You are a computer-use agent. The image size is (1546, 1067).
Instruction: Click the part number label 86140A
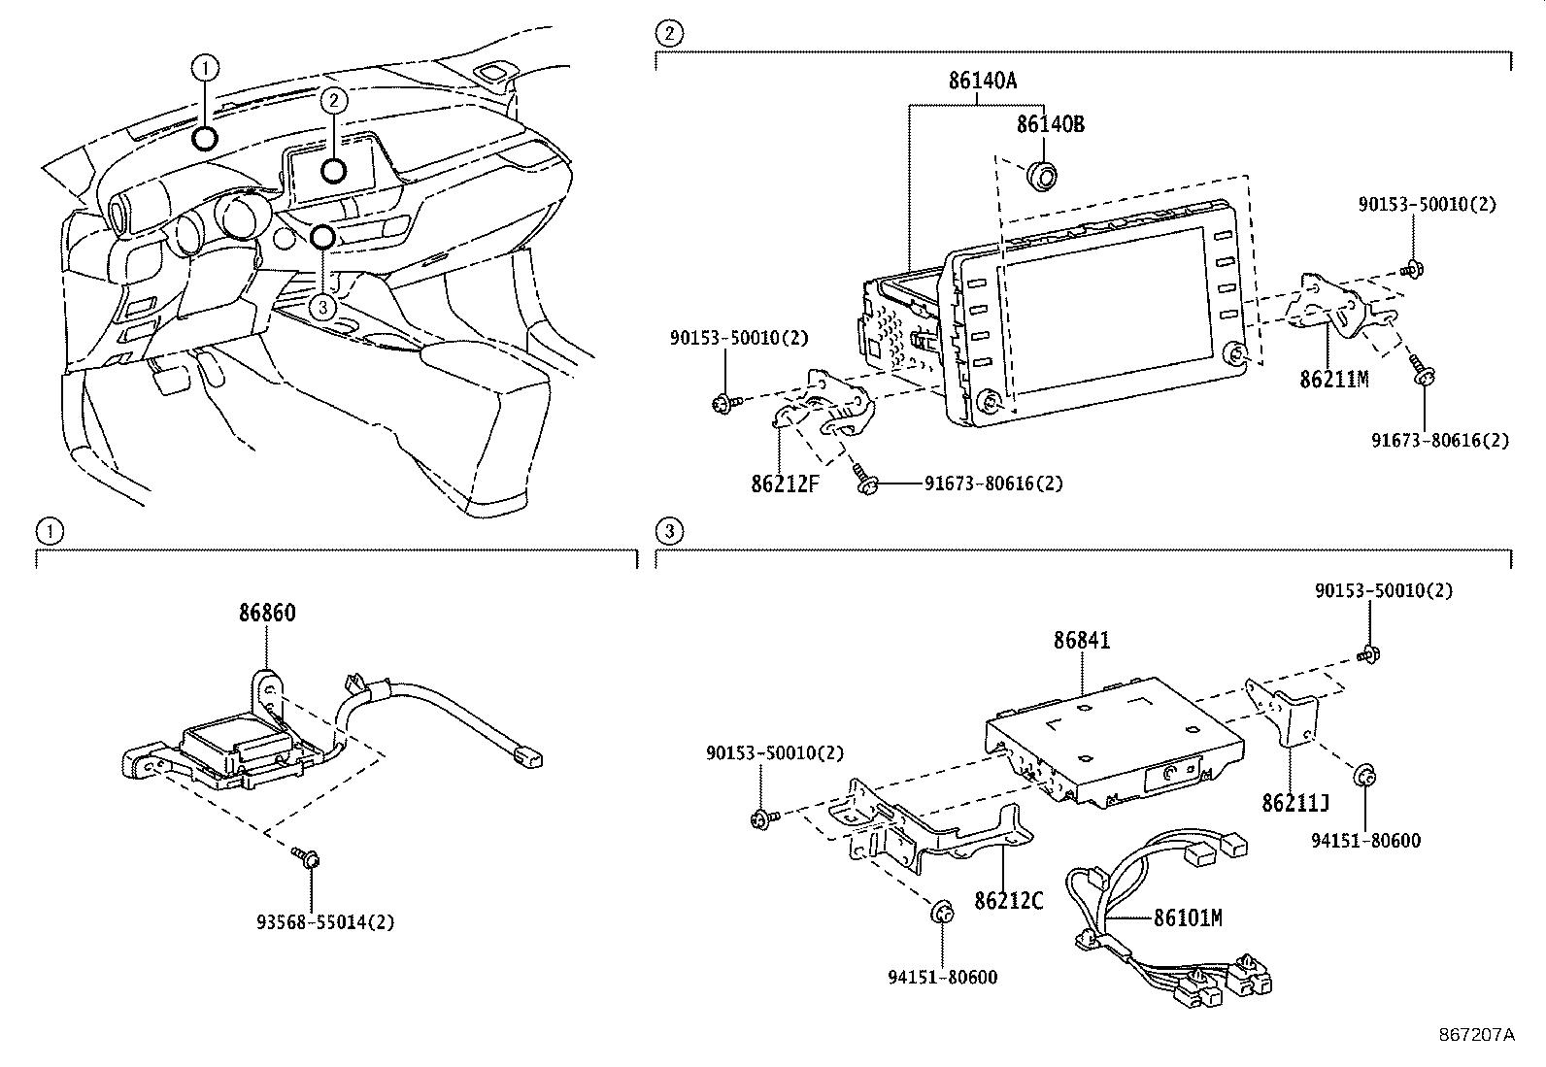pos(982,82)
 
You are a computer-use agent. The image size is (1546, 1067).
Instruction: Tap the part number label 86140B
pos(1050,124)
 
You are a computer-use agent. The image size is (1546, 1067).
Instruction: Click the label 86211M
pos(1333,379)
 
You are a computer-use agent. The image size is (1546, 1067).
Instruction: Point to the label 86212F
pos(784,483)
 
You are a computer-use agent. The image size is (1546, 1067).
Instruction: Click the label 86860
pos(267,613)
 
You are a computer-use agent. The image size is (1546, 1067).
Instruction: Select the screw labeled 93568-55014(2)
pos(310,858)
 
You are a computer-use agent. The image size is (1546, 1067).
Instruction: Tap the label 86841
pos(1081,641)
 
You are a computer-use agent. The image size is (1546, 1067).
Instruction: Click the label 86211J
pos(1295,803)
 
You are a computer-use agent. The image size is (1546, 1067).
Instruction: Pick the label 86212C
pos(1009,901)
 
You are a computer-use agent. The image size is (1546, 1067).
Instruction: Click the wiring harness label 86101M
pos(1187,917)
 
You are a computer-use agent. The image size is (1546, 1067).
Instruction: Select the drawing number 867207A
pos(1476,1035)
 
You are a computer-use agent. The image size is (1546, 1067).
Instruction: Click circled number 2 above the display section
pos(668,34)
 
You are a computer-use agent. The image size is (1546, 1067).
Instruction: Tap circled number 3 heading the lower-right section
pos(668,531)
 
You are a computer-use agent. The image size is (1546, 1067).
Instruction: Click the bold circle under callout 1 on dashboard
pos(205,138)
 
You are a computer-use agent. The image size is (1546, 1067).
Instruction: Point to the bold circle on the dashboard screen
pos(333,170)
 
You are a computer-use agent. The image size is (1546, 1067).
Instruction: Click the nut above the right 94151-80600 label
pos(1363,776)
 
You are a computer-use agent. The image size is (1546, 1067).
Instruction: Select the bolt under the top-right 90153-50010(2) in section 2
pos(1414,269)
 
